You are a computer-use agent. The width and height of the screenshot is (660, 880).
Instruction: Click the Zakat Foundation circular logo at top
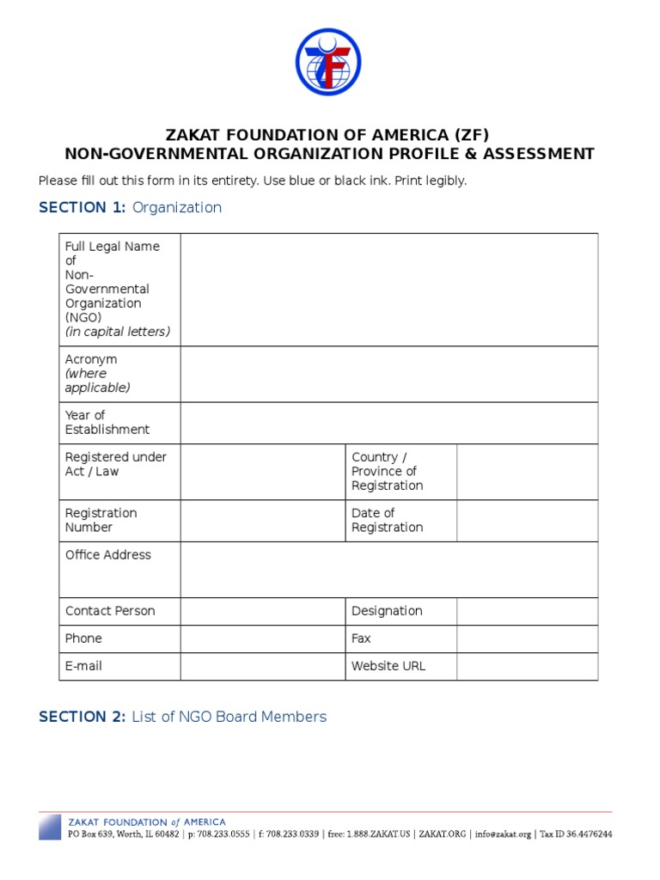tap(328, 62)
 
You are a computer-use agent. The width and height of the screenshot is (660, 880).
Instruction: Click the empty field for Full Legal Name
tap(388, 290)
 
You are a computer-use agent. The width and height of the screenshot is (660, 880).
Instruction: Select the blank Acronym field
tap(388, 374)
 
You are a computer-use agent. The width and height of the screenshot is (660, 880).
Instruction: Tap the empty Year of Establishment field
tap(388, 423)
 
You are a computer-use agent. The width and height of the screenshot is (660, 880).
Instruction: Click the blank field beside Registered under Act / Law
tap(262, 472)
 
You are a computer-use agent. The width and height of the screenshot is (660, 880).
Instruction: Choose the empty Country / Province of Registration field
tap(527, 472)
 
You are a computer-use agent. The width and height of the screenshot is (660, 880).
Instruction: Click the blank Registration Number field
tap(262, 521)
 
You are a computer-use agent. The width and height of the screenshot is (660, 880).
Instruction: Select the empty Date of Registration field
tap(527, 521)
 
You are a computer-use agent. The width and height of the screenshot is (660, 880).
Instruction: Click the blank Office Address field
tap(388, 569)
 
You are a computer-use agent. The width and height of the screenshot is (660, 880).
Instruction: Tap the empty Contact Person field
tap(262, 611)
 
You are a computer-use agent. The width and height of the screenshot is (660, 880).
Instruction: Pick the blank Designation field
tap(527, 611)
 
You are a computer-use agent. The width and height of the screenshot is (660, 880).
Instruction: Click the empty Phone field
tap(262, 639)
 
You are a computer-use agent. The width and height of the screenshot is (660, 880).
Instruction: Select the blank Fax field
tap(527, 639)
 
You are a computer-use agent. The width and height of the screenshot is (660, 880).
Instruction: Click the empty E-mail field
tap(262, 666)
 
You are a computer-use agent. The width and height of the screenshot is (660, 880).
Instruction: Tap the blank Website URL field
tap(527, 666)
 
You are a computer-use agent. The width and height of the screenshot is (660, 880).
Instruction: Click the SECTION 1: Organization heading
tap(130, 207)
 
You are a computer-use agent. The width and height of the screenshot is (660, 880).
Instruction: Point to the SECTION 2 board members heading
tap(182, 717)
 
